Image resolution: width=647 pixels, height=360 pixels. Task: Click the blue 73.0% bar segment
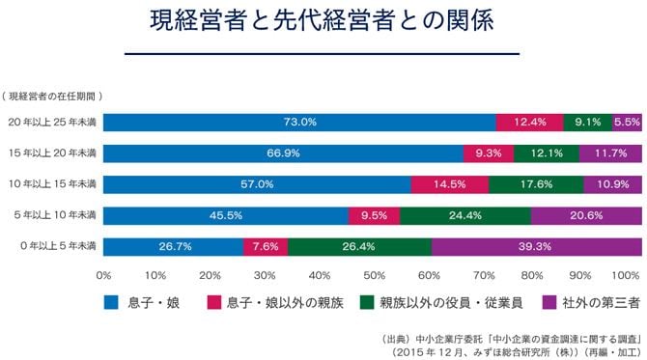click(299, 123)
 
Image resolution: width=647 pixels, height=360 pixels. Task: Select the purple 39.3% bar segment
click(536, 247)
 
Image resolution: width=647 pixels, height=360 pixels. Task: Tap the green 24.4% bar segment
click(465, 215)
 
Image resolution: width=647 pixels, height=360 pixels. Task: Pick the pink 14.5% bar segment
click(450, 184)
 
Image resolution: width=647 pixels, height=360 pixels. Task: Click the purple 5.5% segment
click(627, 123)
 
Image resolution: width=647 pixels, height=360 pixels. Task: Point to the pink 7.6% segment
click(266, 247)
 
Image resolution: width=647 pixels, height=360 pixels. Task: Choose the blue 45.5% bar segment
click(226, 215)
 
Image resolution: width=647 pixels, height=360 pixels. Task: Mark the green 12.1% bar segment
click(547, 153)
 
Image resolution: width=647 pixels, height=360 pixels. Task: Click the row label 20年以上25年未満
click(52, 122)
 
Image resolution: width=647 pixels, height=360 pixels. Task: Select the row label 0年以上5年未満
click(58, 246)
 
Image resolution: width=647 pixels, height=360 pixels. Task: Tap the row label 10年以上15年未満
click(52, 184)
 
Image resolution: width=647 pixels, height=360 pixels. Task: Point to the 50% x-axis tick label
click(375, 275)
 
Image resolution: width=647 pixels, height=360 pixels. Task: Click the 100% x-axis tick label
click(626, 275)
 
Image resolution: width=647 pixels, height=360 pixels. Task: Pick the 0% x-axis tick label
click(103, 275)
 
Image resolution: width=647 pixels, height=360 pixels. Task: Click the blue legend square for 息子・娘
click(111, 302)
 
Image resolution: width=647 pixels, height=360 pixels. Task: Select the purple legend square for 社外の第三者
click(549, 302)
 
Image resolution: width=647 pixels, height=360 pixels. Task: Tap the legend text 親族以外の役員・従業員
click(451, 303)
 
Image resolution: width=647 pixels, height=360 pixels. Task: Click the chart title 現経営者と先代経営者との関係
click(322, 20)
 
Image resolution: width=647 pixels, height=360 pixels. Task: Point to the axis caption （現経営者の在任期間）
click(52, 97)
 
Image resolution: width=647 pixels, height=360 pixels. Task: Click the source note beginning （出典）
click(511, 346)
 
